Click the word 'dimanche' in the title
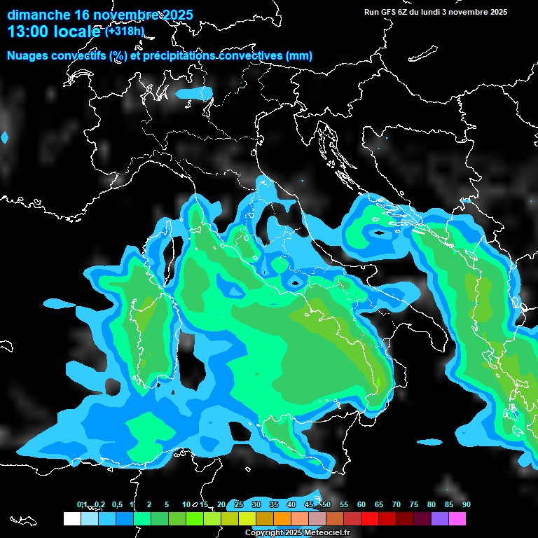38,15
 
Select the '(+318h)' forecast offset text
124,32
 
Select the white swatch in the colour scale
72,518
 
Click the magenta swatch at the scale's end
457,518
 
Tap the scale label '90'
467,504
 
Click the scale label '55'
344,504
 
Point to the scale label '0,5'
116,504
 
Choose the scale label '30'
256,504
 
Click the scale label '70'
396,504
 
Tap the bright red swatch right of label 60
370,518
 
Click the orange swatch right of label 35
282,518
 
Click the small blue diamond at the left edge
5,138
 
